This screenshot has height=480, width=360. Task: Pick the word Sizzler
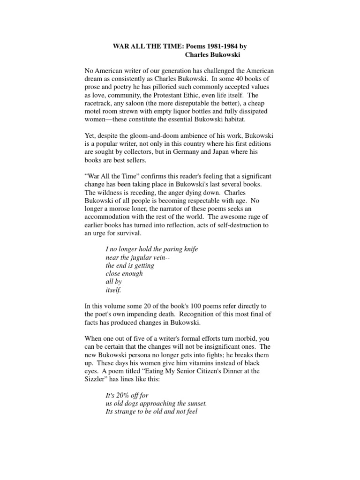click(x=97, y=380)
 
